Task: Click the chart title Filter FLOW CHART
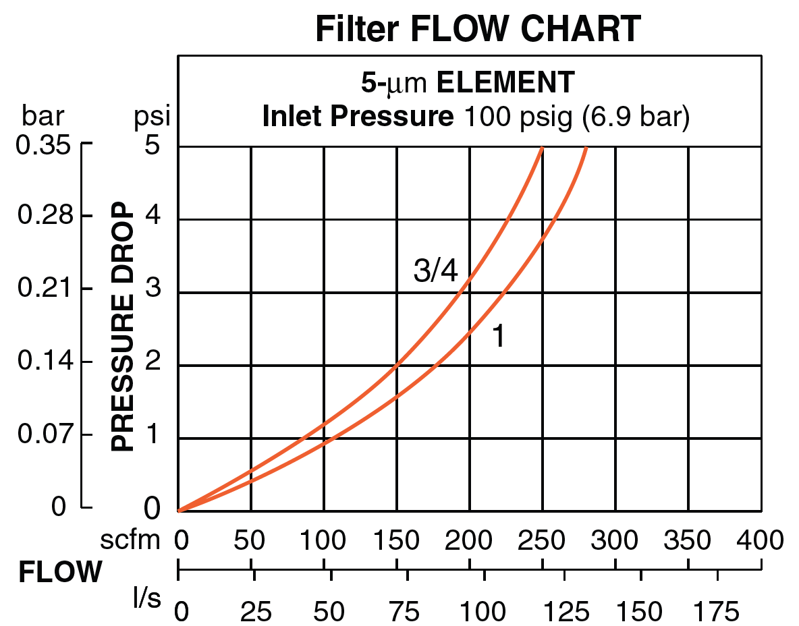(x=478, y=29)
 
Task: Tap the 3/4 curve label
(x=435, y=272)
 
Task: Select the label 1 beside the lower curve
(x=498, y=336)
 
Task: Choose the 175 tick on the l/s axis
(x=717, y=612)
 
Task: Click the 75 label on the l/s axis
(x=406, y=612)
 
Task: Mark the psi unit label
(x=151, y=117)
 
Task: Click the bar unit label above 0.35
(x=43, y=117)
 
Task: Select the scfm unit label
(x=131, y=540)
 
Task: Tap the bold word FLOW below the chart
(x=60, y=573)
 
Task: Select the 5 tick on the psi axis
(x=152, y=146)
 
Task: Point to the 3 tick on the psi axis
(x=152, y=291)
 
